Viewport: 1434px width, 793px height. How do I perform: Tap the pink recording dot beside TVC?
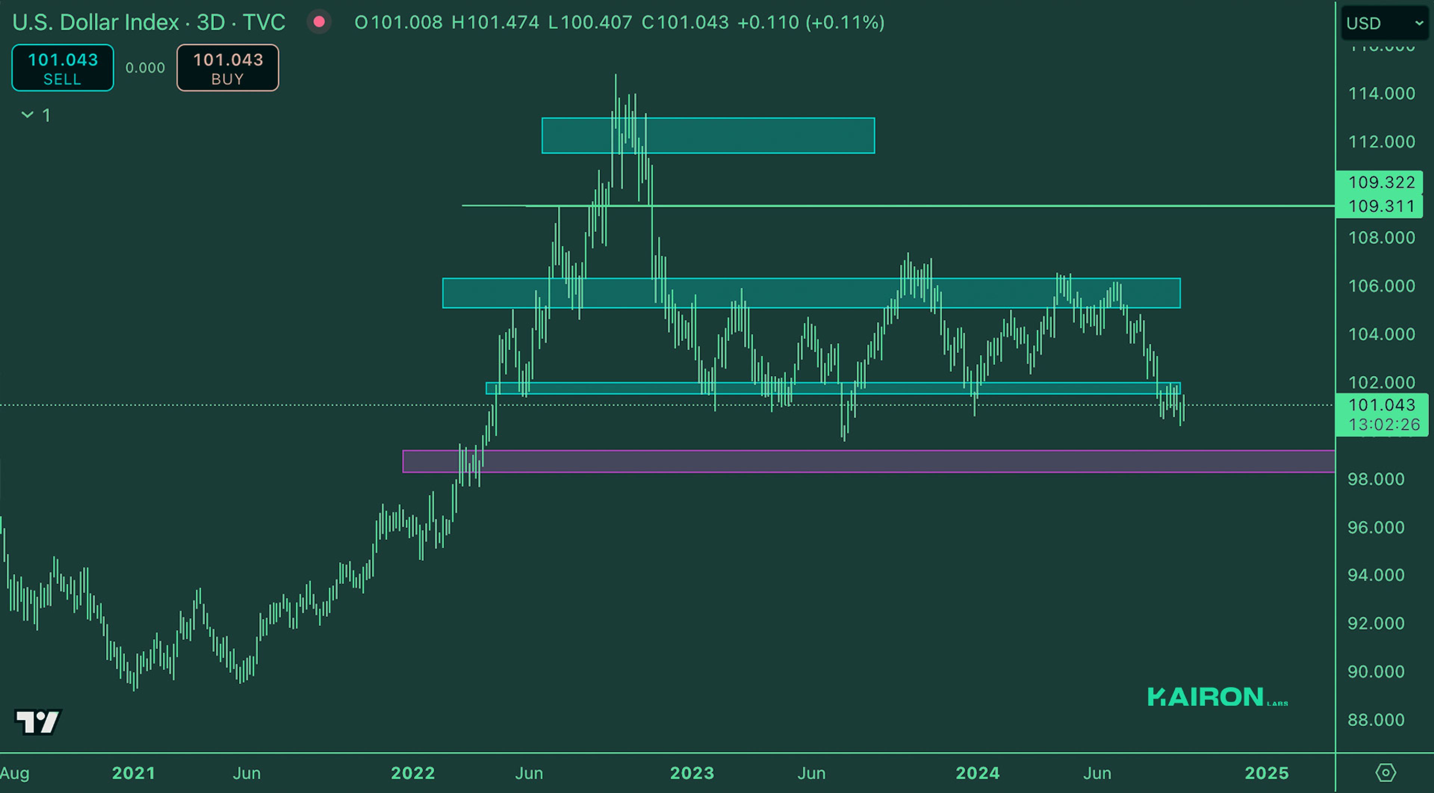[x=319, y=22]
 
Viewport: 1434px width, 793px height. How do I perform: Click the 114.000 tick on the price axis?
[x=1381, y=93]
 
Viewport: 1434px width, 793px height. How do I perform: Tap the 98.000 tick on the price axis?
[x=1375, y=479]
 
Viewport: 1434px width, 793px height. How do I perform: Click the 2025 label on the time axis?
[x=1266, y=773]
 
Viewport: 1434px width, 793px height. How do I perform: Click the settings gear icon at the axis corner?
[x=1385, y=773]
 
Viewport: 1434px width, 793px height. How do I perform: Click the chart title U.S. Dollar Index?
[x=95, y=22]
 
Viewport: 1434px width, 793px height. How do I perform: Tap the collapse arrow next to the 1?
[x=27, y=115]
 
